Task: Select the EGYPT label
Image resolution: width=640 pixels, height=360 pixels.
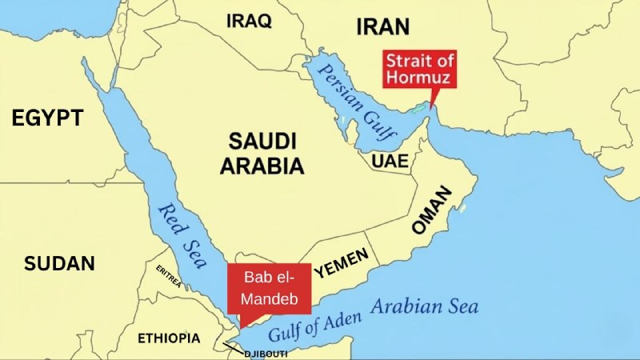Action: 47,119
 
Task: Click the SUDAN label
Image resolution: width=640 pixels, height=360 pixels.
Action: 59,263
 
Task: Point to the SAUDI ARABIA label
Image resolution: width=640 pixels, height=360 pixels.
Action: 262,154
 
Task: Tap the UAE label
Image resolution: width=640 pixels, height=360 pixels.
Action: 390,162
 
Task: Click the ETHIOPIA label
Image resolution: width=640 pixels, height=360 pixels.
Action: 169,338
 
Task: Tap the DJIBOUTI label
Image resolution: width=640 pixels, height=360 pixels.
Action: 264,353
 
